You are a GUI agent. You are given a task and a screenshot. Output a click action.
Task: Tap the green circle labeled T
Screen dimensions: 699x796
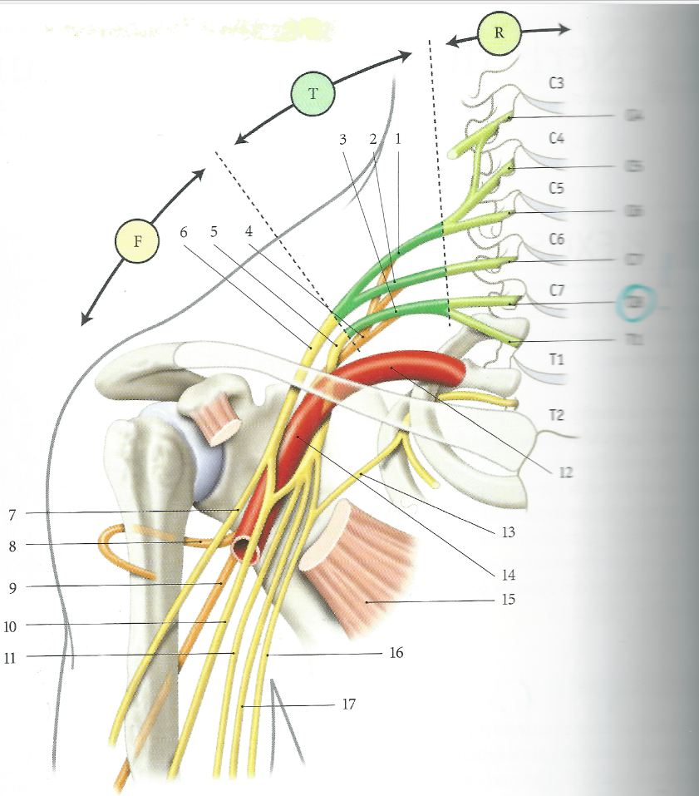313,93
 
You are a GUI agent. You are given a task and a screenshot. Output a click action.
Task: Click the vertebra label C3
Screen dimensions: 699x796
557,83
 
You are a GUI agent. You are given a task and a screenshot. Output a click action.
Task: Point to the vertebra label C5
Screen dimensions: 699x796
557,188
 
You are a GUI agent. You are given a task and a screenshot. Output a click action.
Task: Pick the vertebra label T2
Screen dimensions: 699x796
557,414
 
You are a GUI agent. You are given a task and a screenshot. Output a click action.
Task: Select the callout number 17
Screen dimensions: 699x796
349,705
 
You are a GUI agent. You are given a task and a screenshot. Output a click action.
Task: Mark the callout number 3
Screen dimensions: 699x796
343,139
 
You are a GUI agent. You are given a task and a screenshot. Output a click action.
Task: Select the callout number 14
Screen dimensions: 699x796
509,574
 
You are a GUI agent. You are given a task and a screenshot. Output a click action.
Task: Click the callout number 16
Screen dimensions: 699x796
396,654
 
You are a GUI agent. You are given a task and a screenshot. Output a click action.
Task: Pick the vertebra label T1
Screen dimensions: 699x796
557,358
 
